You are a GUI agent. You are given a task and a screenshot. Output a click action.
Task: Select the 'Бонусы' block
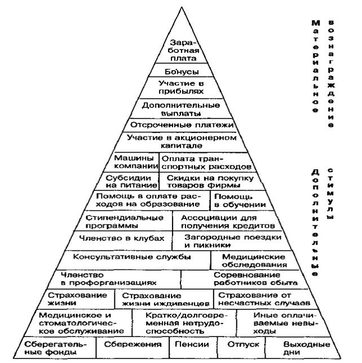click(181, 70)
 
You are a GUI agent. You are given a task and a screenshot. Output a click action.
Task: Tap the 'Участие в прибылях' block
click(181, 87)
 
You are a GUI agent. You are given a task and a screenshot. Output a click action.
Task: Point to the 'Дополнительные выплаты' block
click(181, 109)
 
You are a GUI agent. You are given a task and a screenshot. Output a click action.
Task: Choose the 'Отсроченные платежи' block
click(181, 125)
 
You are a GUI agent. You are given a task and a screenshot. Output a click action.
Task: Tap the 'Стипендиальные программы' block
click(125, 221)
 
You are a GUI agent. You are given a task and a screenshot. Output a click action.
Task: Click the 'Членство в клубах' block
click(121, 241)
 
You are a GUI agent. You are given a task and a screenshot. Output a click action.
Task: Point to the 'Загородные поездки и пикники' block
click(232, 241)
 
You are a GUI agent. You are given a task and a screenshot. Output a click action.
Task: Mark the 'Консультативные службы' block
click(133, 260)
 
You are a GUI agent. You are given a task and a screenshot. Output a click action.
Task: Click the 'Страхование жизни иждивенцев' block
click(165, 299)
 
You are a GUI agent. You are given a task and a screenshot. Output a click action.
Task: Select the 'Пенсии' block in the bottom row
click(193, 347)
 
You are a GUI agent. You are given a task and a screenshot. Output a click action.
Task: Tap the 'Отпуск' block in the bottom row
click(242, 347)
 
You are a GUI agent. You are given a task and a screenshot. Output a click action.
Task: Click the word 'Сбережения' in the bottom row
click(133, 344)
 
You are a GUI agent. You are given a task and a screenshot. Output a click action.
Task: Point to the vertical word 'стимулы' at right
click(330, 193)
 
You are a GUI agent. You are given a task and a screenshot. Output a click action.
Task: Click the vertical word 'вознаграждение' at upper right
click(331, 74)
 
